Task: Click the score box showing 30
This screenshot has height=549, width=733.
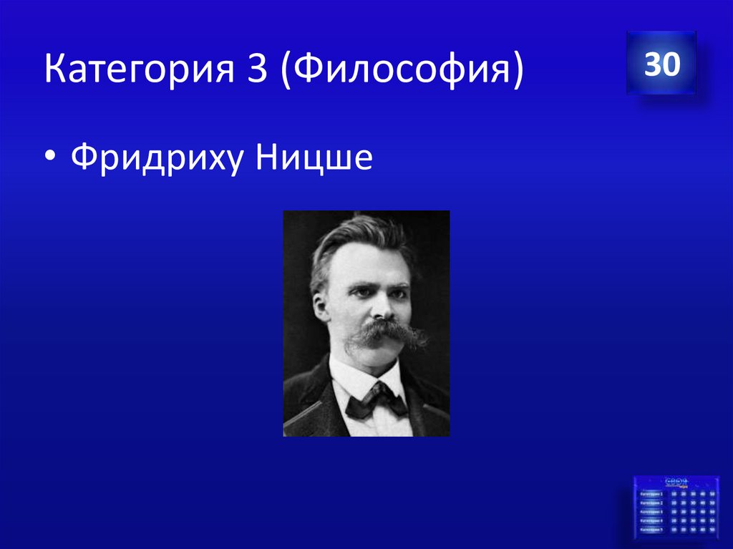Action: click(x=661, y=64)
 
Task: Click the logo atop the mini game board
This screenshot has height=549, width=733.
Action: click(x=676, y=482)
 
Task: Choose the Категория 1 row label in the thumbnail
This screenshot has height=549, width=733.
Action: click(x=651, y=494)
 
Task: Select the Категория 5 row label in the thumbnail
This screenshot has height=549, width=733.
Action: click(x=651, y=530)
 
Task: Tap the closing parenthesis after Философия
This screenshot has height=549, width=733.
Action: click(x=516, y=72)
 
